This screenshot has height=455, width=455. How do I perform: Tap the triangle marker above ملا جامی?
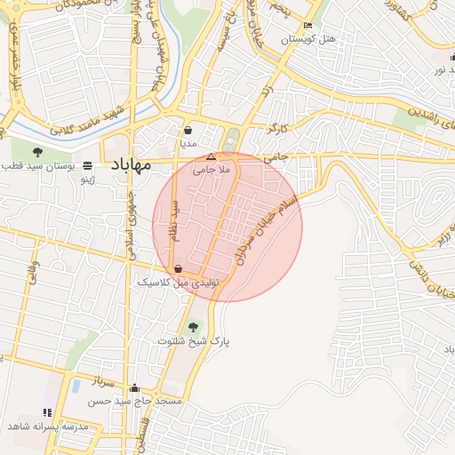(x=211, y=156)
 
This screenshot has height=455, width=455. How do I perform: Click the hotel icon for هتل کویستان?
(x=307, y=26)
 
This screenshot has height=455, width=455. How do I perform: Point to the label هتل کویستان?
(x=307, y=40)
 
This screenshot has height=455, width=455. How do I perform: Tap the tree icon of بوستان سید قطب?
(x=37, y=152)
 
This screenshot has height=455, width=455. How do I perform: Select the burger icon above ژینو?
(x=87, y=166)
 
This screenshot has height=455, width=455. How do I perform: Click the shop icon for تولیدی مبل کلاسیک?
(x=179, y=267)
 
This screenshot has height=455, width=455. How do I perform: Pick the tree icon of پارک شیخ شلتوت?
(x=194, y=327)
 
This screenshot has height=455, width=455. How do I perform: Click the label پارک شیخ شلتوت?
(x=194, y=341)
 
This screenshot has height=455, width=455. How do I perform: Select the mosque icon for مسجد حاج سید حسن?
(x=134, y=388)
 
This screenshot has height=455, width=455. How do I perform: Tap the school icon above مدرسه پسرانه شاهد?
(x=47, y=412)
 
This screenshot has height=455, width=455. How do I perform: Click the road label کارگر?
(x=276, y=129)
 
